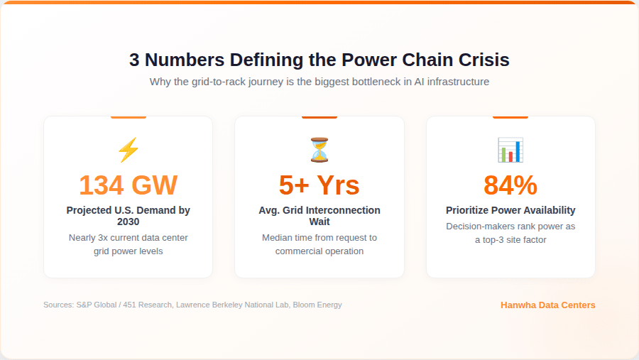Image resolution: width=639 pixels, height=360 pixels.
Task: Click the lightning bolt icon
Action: (x=128, y=151)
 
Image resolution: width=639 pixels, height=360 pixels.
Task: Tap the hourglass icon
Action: (x=319, y=151)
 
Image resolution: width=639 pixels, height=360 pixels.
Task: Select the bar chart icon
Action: (x=510, y=151)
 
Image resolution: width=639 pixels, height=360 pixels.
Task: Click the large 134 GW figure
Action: (x=128, y=185)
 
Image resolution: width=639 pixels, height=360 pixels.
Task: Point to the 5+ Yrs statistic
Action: (x=319, y=185)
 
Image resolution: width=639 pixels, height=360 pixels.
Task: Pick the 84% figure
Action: (x=510, y=185)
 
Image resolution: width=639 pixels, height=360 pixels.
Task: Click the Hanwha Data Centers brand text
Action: (x=547, y=305)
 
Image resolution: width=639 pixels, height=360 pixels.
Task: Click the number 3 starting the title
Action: (x=134, y=60)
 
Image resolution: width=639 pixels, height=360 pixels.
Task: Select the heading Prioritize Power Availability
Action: (x=510, y=210)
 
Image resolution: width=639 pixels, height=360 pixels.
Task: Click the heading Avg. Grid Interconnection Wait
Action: (x=319, y=216)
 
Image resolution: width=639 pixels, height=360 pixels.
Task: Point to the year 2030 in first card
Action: (x=128, y=222)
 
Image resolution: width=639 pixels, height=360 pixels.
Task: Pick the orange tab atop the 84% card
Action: (x=510, y=117)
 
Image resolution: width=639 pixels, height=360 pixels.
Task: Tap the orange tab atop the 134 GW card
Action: (x=128, y=117)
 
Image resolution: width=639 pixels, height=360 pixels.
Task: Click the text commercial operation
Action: (x=319, y=251)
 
